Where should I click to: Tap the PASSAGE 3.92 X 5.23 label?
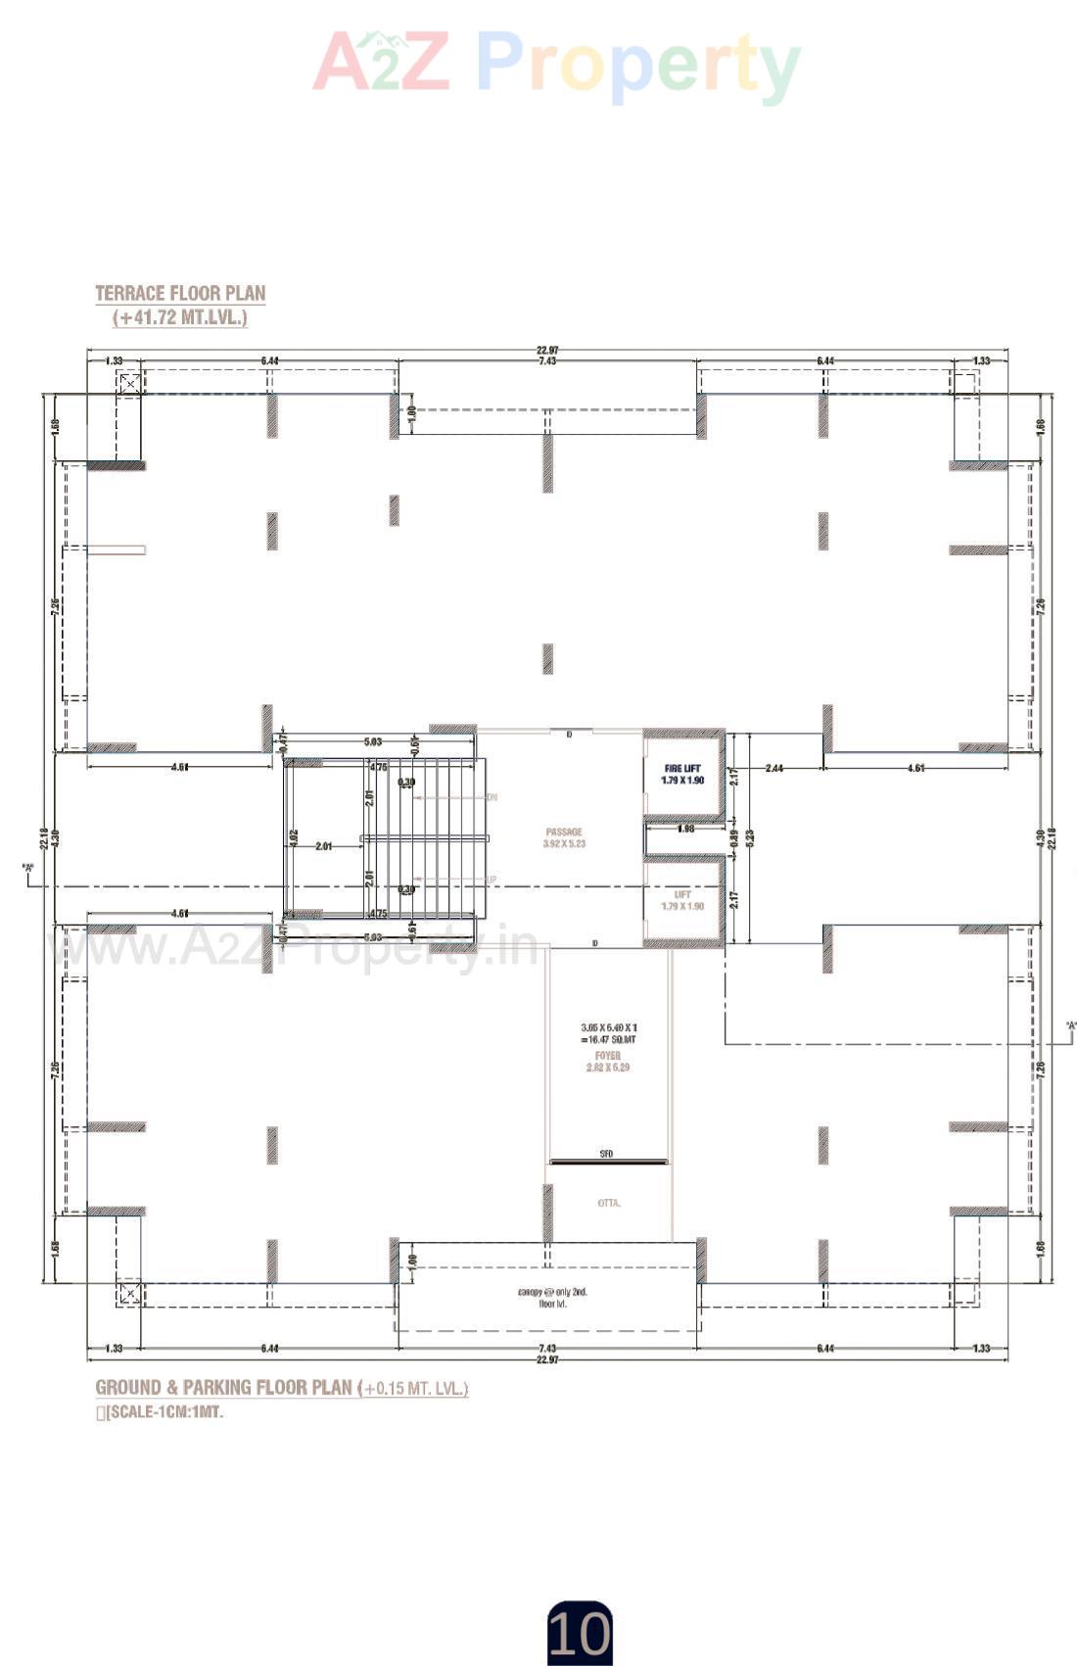[x=564, y=837]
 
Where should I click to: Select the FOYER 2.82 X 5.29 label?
[x=608, y=1062]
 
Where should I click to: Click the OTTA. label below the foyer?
[x=609, y=1203]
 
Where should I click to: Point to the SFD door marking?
[x=607, y=1155]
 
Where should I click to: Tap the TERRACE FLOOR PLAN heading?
[x=180, y=294]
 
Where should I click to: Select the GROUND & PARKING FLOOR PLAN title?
[x=223, y=1388]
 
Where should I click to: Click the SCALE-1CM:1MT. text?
[x=164, y=1412]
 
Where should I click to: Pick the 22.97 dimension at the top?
[x=547, y=351]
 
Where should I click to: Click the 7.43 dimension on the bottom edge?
[x=547, y=1349]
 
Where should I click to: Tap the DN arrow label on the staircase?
[x=492, y=798]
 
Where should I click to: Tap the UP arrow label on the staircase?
[x=492, y=880]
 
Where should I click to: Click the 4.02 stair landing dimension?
[x=292, y=837]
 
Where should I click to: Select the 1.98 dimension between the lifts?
[x=685, y=829]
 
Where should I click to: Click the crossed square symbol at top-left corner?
[x=129, y=382]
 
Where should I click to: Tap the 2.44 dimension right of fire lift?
[x=773, y=768]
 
